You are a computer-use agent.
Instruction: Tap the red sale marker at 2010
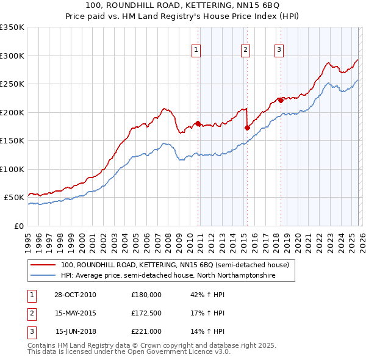[198, 124]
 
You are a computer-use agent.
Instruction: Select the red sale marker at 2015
[247, 128]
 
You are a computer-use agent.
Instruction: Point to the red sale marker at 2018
[281, 100]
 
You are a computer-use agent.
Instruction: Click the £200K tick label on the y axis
[12, 112]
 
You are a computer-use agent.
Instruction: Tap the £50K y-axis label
[13, 198]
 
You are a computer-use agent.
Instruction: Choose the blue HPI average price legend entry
[168, 276]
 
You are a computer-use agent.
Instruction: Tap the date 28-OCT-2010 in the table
[75, 295]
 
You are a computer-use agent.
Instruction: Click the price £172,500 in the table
[146, 313]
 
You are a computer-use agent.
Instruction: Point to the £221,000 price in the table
[146, 331]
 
